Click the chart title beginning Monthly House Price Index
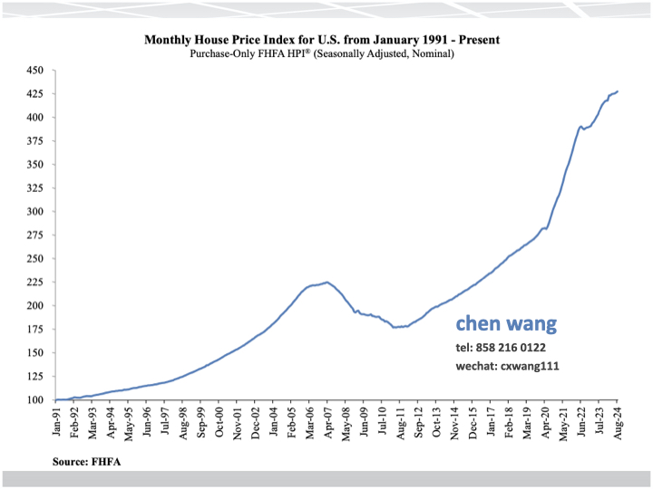point(322,40)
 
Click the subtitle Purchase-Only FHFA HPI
point(322,53)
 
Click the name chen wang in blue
point(506,324)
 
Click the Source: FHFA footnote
point(87,462)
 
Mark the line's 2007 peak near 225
point(326,282)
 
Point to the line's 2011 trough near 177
point(396,327)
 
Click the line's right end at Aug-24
point(618,91)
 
